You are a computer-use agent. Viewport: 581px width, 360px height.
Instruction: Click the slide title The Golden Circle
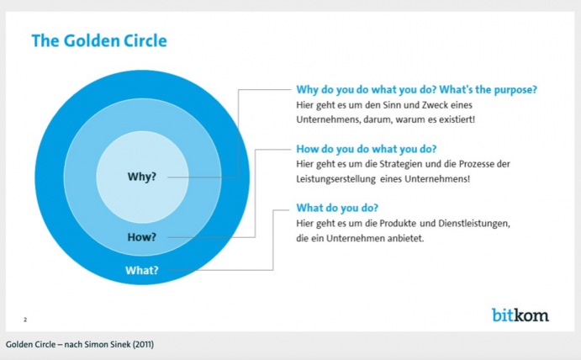(99, 40)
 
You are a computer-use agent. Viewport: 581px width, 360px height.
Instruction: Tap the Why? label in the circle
(141, 177)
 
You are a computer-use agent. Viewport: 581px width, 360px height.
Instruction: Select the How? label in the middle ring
(141, 237)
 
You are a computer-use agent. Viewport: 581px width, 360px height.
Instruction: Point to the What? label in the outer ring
(141, 270)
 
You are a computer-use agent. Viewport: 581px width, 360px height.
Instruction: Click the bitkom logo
(520, 315)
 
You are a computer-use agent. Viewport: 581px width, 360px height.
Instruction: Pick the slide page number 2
(25, 320)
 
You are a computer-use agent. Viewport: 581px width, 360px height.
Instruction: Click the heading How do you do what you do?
(366, 148)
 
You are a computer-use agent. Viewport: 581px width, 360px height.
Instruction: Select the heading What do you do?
(337, 208)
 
